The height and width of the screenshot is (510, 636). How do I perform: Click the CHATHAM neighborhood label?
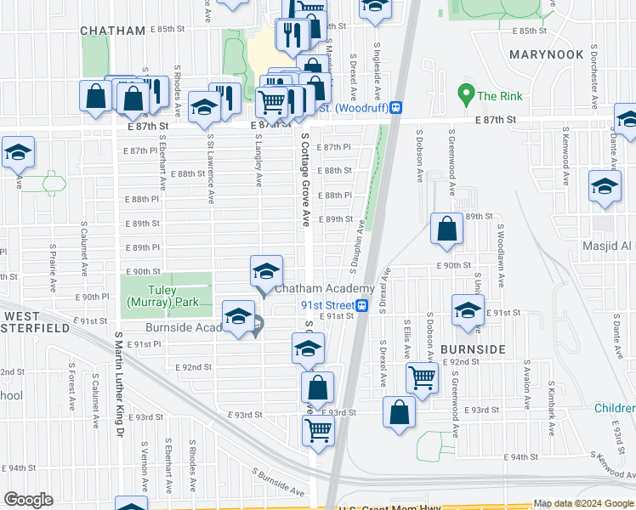[113, 31]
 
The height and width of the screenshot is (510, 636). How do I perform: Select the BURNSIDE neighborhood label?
[473, 349]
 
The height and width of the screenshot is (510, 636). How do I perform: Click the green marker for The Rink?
[465, 92]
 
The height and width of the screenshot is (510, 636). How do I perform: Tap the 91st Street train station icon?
[362, 306]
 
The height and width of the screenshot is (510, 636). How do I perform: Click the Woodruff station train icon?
[397, 108]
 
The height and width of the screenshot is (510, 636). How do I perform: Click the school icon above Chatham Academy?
[266, 272]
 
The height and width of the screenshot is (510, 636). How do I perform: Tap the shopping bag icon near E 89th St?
[447, 229]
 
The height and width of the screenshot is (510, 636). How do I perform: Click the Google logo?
[29, 500]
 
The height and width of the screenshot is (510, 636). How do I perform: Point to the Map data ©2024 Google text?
[583, 503]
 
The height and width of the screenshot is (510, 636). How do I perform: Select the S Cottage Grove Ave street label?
[304, 178]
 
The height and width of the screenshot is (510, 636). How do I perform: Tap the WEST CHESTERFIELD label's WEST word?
[19, 316]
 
